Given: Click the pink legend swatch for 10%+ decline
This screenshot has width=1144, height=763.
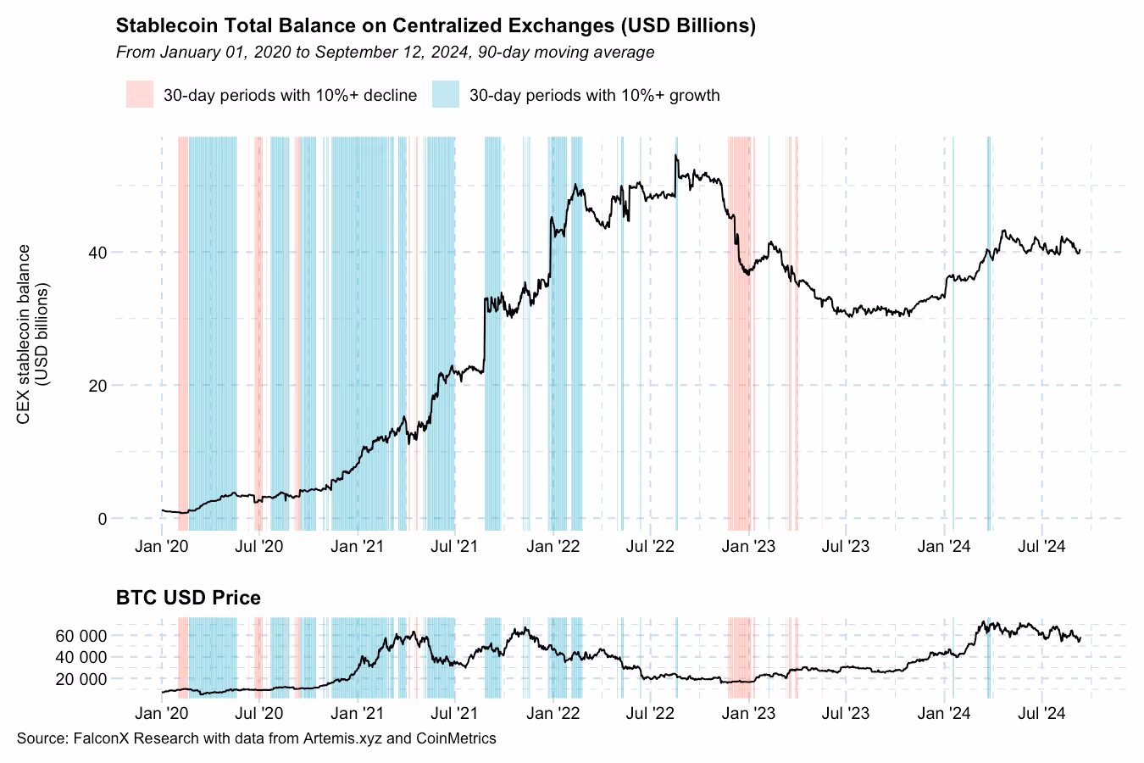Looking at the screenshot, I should (140, 94).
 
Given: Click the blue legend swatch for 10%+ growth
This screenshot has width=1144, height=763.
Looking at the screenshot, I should (445, 94).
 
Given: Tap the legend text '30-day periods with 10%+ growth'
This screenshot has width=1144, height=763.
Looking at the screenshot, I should (594, 95).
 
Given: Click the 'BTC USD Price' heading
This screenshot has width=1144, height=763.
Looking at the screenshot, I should (188, 598).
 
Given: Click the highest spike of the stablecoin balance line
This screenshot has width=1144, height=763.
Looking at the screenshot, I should (675, 156).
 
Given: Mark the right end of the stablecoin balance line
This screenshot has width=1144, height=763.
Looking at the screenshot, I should (1080, 251).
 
